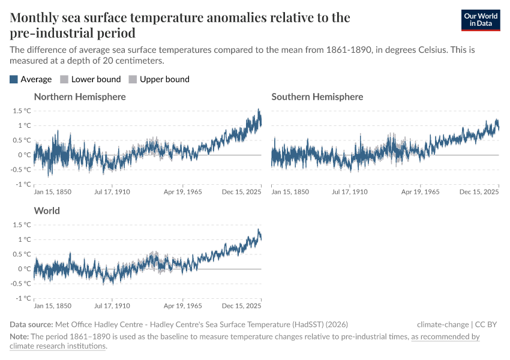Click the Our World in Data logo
(x=480, y=20)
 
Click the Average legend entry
(x=31, y=79)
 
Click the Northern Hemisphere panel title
(x=80, y=97)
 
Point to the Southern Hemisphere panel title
(x=317, y=97)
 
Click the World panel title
(x=47, y=211)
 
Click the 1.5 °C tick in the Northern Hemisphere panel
(x=22, y=110)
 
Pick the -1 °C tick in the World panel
(x=22, y=298)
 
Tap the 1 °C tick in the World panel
(x=24, y=239)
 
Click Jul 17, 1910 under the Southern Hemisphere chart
(x=350, y=192)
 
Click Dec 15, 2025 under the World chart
(x=241, y=306)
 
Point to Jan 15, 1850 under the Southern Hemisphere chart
(x=290, y=192)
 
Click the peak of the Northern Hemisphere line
(x=259, y=110)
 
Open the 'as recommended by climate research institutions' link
(x=445, y=337)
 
